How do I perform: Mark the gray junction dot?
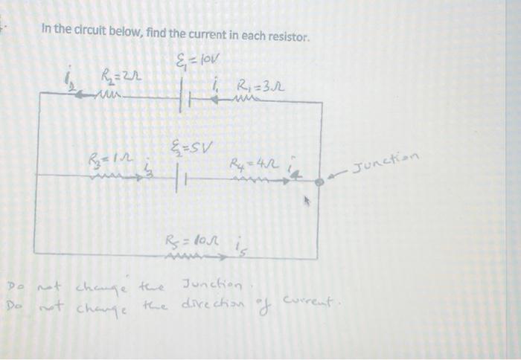(319, 181)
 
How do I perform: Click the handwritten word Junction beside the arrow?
(387, 160)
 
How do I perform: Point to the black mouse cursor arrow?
(305, 200)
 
